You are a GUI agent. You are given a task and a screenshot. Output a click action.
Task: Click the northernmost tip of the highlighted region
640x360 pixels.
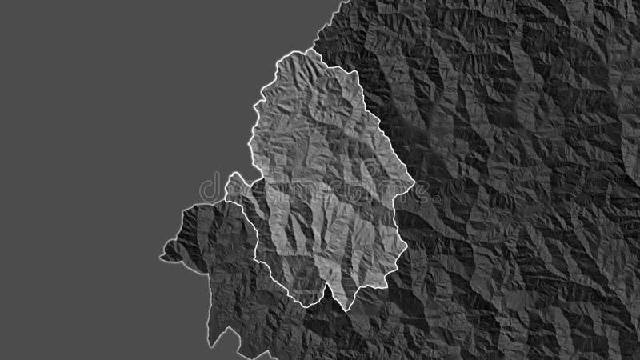(305, 51)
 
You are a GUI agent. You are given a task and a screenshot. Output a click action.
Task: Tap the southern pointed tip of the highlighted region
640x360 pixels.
(345, 309)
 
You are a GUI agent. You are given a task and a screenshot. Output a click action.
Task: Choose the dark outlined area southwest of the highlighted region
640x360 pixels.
(224, 264)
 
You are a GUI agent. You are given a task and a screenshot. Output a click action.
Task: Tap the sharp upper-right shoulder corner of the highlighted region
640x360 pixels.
(352, 72)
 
